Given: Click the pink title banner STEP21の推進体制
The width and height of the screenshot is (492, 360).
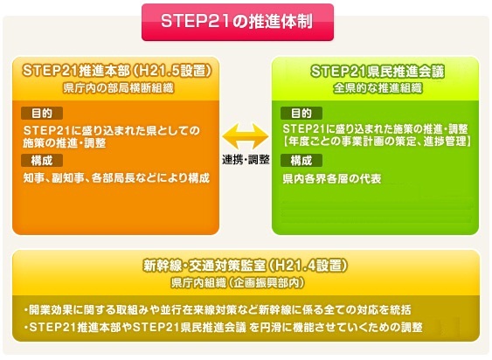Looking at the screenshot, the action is (238, 22).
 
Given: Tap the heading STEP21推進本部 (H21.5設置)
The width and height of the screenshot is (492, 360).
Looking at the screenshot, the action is (117, 71).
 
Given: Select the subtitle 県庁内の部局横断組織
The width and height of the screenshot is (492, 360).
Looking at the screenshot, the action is (118, 88).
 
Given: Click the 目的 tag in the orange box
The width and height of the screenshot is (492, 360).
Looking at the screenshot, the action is (42, 114).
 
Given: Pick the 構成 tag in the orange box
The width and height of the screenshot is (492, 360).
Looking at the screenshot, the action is (42, 161).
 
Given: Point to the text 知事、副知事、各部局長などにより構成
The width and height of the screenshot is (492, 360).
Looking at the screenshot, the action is (116, 178).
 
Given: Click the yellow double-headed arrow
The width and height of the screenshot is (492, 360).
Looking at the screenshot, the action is (246, 136).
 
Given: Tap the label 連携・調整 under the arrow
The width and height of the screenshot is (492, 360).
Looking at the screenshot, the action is (246, 159).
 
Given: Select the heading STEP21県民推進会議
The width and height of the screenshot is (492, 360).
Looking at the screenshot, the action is (378, 72).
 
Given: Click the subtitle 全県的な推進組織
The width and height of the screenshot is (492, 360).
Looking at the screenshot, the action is (378, 88).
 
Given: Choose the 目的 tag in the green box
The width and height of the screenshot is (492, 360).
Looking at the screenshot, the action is (301, 114).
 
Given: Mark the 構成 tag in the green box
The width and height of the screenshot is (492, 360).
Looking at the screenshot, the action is (301, 161).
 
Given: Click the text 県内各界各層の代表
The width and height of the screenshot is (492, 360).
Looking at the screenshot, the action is (332, 178).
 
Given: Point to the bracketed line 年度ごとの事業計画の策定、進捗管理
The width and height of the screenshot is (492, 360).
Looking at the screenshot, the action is (377, 142).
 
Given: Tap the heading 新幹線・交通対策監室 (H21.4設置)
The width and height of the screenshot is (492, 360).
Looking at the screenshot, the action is (245, 266).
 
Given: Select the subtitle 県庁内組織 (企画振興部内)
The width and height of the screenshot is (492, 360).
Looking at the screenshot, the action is (238, 283).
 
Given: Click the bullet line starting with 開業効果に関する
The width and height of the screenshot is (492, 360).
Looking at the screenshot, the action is (218, 310).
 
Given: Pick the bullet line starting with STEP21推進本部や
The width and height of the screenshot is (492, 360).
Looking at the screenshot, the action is (223, 328).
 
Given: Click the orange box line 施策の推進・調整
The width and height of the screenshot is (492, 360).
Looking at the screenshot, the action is (65, 143).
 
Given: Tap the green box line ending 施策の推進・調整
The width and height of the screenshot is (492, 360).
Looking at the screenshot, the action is (375, 128).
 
